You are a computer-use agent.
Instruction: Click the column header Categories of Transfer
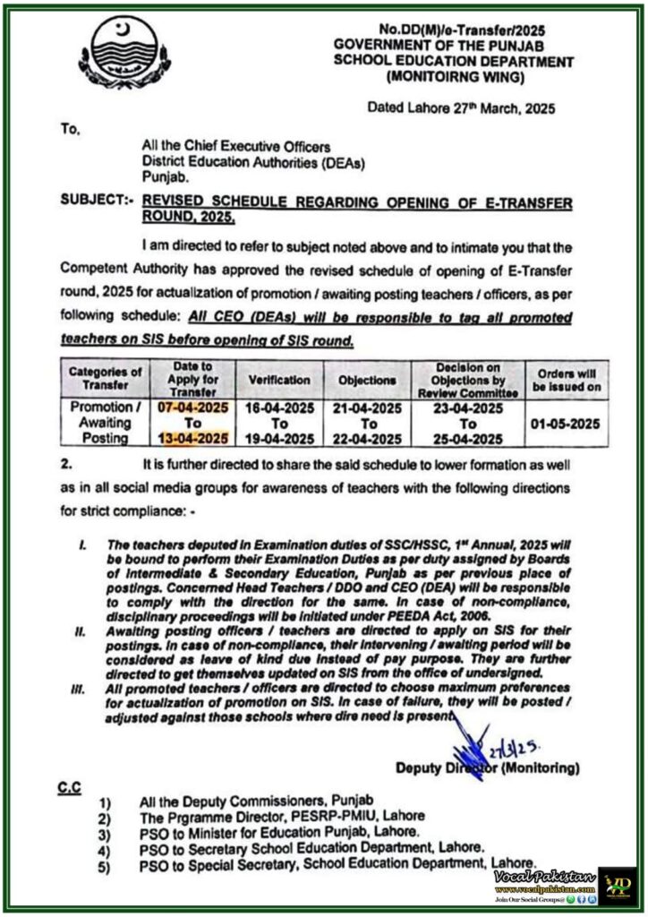[105, 379]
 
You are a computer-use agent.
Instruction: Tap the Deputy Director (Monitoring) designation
[487, 767]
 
